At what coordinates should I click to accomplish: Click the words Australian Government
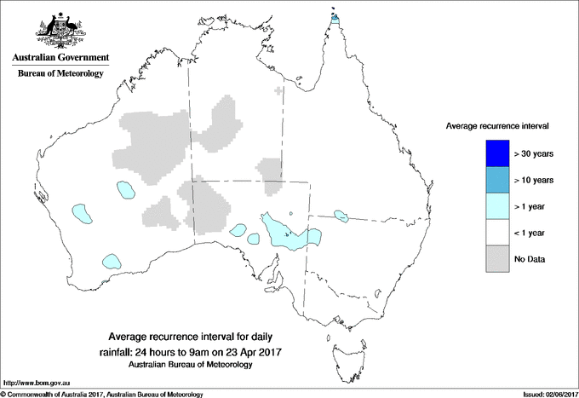(x=60, y=58)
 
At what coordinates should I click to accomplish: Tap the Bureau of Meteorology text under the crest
(x=60, y=74)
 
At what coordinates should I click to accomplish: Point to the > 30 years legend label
(x=534, y=154)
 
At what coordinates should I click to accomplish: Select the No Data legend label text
(x=530, y=258)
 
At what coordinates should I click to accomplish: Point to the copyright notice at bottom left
(x=102, y=393)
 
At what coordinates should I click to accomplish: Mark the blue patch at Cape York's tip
(x=335, y=16)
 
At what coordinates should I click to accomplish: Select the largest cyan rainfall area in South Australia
(x=284, y=232)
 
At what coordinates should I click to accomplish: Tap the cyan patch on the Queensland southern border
(x=342, y=216)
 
